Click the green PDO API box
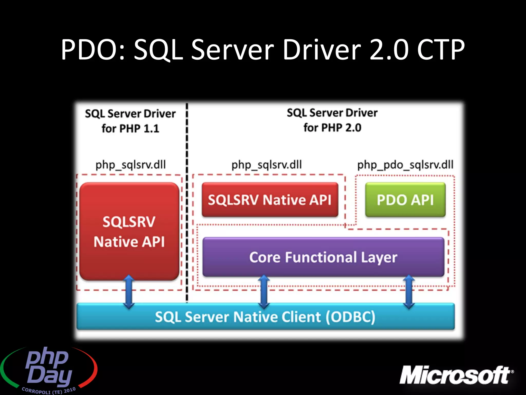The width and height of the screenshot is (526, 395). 405,200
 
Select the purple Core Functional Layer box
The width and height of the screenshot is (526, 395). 323,257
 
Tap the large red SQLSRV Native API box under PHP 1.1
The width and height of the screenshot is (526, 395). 129,231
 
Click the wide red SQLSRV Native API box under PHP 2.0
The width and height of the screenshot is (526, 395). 270,200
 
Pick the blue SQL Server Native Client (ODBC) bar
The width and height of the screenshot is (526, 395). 265,317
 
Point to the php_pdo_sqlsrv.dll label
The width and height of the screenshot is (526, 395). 405,165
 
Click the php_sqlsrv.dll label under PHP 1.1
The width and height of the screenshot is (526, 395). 130,165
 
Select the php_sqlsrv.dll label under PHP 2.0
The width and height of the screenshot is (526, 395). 267,165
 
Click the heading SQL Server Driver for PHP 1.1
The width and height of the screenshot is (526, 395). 130,121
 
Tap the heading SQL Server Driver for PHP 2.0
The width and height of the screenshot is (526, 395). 332,120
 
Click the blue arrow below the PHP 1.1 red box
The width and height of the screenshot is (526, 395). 129,292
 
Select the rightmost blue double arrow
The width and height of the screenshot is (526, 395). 409,292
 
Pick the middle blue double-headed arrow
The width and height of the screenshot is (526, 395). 264,292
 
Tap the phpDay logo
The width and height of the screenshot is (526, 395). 49,368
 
